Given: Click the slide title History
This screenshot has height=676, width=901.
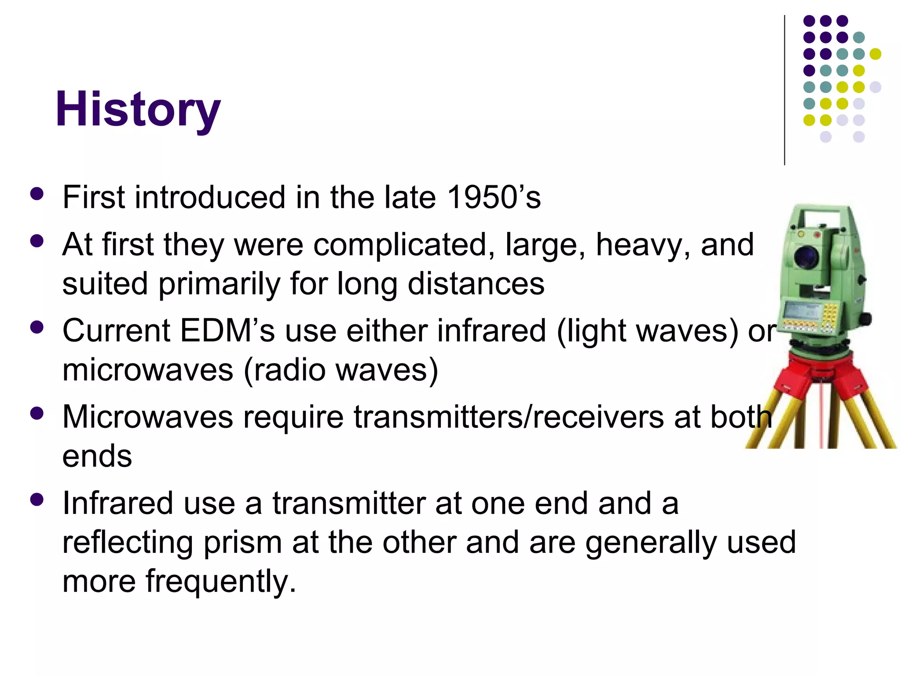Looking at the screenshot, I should (138, 109).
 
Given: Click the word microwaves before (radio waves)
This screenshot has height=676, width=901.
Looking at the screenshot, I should (148, 370).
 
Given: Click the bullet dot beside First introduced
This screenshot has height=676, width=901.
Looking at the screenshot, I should (37, 194).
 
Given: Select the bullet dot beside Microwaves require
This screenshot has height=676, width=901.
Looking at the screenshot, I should (37, 413).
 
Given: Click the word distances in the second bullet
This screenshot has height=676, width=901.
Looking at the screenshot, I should (476, 284).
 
